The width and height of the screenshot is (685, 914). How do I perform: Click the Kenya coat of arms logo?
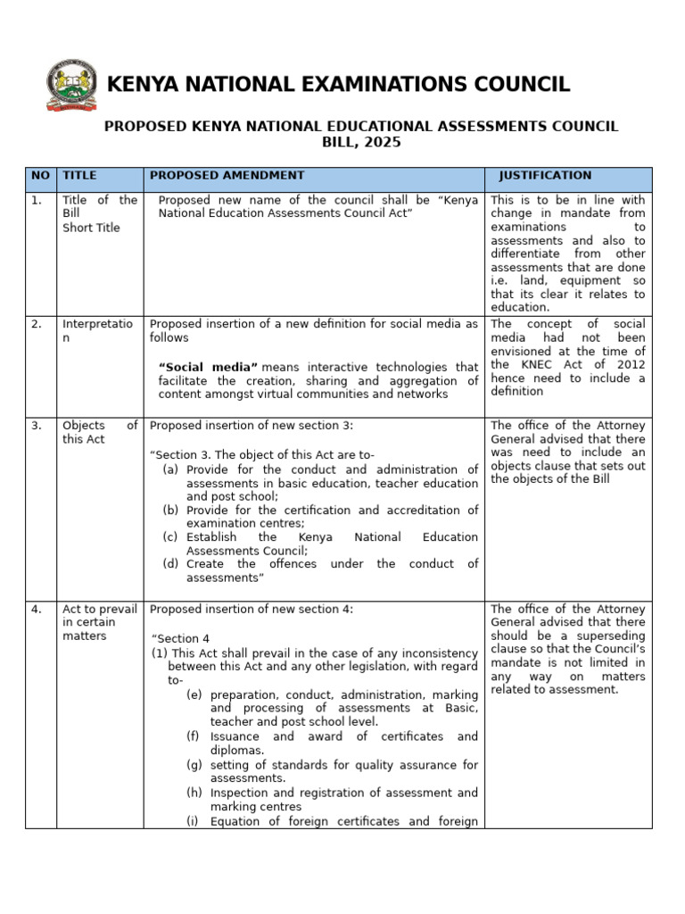coord(72,86)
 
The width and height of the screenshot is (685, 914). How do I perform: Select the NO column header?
coord(41,176)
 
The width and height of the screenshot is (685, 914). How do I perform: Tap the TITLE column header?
coord(79,176)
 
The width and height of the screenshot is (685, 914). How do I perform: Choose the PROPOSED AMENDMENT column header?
coord(227,176)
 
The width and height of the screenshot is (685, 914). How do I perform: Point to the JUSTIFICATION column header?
coord(544,176)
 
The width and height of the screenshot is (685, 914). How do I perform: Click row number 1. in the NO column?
coord(37,201)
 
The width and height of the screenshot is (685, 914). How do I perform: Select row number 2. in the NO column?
coord(37,324)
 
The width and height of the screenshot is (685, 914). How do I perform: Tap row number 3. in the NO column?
coord(37,426)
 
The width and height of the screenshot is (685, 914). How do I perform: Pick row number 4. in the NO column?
coord(37,610)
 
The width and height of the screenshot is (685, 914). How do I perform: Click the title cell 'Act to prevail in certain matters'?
coord(99,622)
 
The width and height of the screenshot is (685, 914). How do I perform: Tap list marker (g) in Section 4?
coord(194,765)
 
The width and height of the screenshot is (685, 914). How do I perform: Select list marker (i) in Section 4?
coord(193,822)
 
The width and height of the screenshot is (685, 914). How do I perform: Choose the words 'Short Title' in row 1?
coord(90,228)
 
